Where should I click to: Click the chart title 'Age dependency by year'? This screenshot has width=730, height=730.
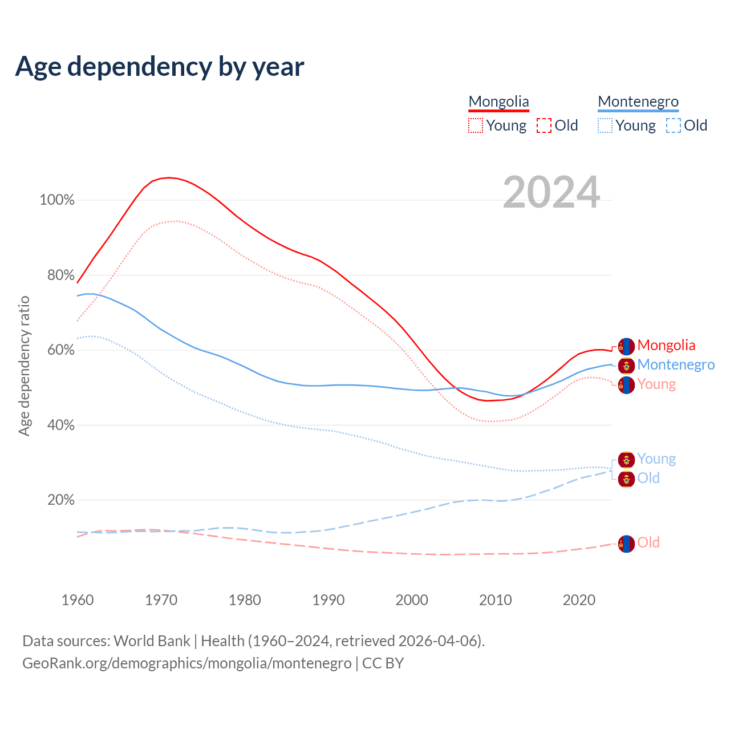[x=160, y=66]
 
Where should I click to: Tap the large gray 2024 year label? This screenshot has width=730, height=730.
[x=551, y=192]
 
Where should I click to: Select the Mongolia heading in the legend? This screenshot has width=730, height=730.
[x=498, y=102]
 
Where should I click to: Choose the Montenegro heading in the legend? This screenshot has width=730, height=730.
[x=638, y=102]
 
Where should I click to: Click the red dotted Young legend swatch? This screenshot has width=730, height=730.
[x=475, y=125]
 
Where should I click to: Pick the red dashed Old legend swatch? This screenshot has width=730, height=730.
[x=544, y=125]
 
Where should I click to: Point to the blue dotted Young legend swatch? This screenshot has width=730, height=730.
[x=605, y=125]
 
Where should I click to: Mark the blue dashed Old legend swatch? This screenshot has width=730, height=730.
[x=674, y=125]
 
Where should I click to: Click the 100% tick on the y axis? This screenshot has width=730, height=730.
[x=57, y=200]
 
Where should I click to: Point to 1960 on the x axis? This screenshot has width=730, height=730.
[x=78, y=600]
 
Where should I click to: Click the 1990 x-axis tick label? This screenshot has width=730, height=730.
[x=328, y=600]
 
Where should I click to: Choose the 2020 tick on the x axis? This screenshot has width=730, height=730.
[x=579, y=600]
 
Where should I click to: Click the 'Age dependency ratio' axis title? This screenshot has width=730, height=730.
[x=24, y=366]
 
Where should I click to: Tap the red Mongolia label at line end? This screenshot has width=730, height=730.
[x=666, y=345]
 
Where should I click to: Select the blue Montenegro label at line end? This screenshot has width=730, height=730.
[x=676, y=364]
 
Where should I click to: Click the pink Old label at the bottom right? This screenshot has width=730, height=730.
[x=648, y=542]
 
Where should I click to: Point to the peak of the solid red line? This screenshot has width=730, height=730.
[x=169, y=177]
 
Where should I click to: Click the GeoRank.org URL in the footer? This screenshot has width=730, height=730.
[x=187, y=663]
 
